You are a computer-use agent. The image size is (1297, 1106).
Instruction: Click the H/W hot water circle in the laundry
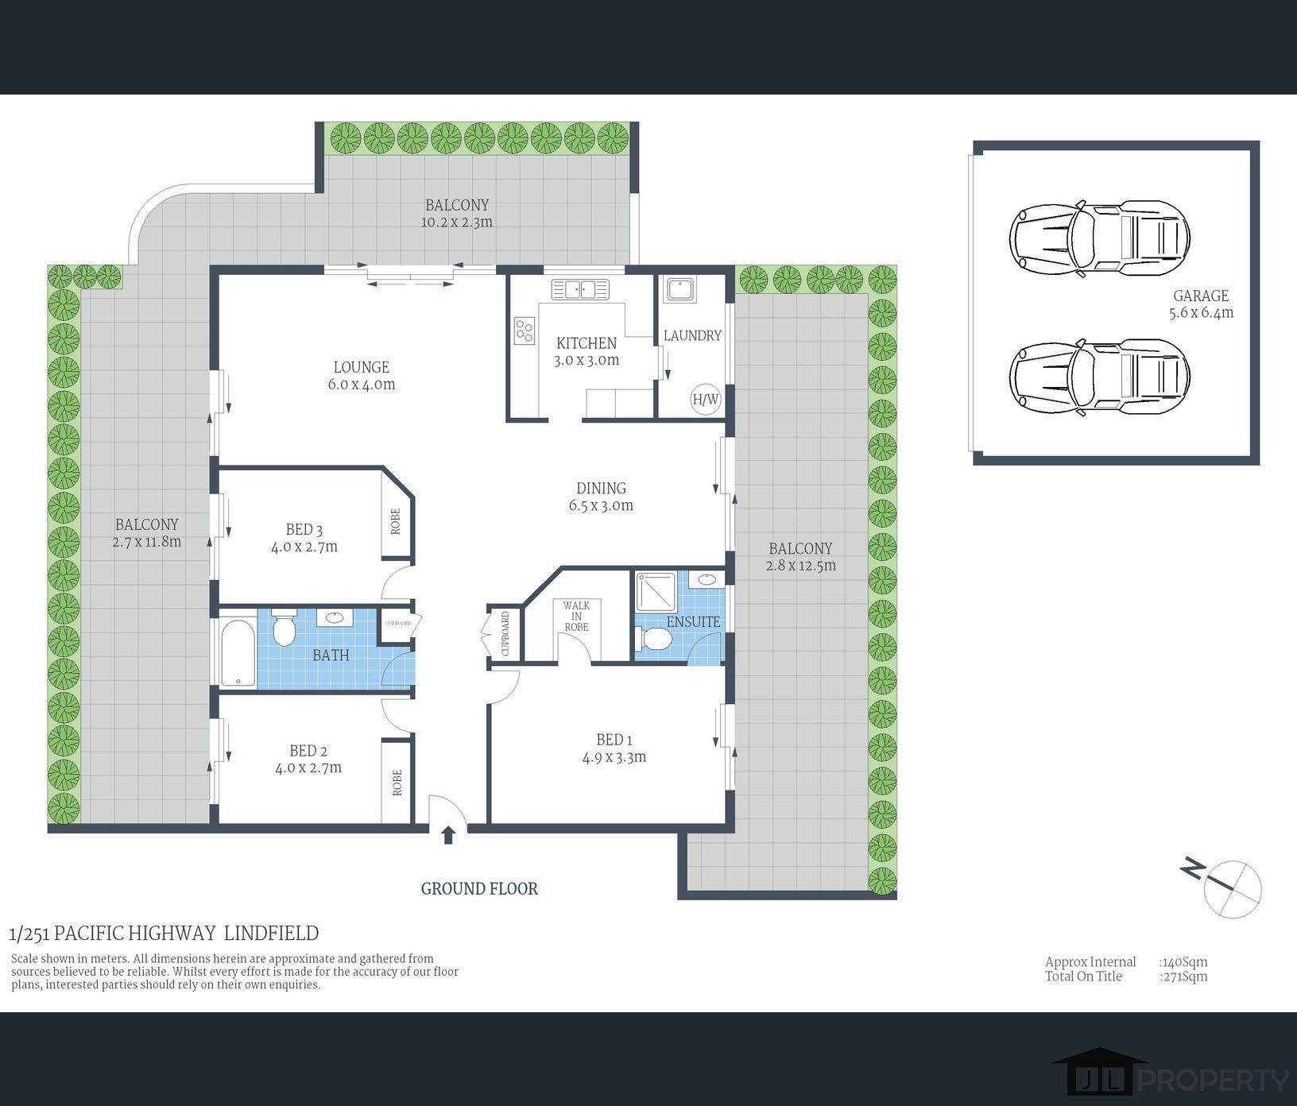point(705,399)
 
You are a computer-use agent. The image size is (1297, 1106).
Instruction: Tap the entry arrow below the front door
point(448,835)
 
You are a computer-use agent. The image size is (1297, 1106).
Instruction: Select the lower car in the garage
point(1099,377)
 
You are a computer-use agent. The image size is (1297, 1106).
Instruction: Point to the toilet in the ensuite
point(654,638)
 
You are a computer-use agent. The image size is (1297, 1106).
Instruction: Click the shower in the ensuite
point(656,590)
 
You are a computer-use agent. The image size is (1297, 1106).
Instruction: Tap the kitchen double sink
point(580,289)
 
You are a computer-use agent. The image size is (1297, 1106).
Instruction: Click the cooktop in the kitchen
point(524,330)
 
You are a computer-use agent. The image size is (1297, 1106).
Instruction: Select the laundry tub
point(679,290)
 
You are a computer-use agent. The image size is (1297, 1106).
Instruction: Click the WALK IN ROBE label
point(576,617)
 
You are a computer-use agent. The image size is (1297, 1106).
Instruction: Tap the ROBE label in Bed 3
point(396,521)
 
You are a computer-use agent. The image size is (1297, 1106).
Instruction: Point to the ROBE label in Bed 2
point(397,783)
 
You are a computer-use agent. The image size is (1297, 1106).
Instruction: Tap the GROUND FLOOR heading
point(479,889)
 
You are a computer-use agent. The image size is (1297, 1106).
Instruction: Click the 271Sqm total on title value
point(1184,976)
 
